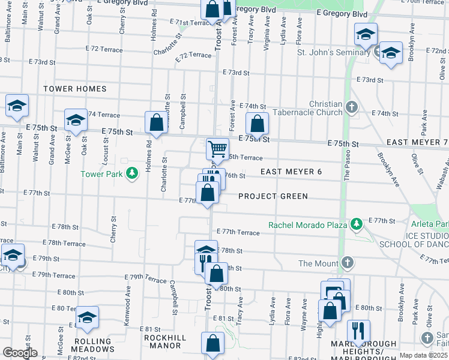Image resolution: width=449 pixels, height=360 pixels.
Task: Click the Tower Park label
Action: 102,175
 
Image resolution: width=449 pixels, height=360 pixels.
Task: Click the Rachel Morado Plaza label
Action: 308,225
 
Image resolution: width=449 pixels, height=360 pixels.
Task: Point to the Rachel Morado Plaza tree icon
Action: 357,224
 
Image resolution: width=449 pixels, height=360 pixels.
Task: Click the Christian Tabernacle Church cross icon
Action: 352,108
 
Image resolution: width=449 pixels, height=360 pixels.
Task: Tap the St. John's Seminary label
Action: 334,53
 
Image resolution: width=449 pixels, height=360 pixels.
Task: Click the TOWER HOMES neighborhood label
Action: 74,89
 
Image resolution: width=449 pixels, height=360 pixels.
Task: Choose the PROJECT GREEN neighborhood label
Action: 273,196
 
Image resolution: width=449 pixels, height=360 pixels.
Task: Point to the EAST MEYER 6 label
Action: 292,172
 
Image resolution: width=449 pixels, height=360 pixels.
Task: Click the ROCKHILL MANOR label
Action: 163,341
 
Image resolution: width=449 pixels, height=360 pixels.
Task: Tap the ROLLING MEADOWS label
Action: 93,345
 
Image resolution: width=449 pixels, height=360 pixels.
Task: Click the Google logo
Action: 20,353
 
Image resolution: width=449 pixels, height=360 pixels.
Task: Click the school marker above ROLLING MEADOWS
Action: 88,318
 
